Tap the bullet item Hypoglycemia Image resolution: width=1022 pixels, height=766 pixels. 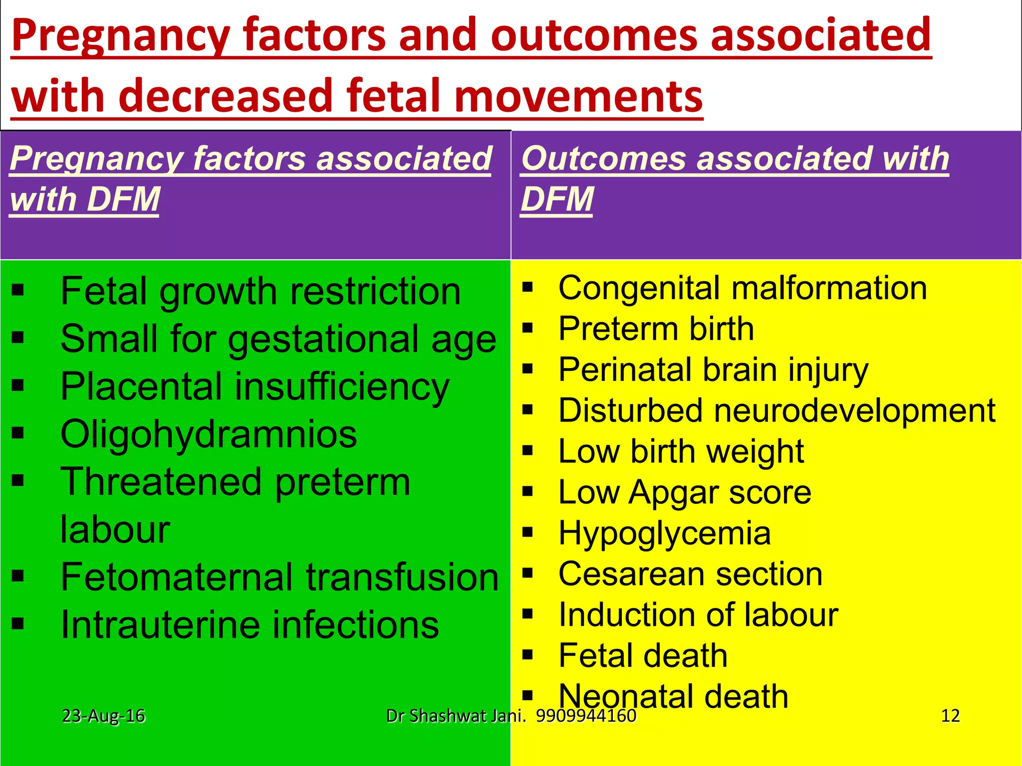[x=664, y=534]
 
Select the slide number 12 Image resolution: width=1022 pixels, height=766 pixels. [x=950, y=716]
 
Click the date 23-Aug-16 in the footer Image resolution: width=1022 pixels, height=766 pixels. [x=103, y=716]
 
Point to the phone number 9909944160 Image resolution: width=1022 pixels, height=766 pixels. [x=586, y=716]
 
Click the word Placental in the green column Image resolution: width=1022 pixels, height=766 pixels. [x=141, y=386]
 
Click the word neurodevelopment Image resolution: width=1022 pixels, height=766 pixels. [x=854, y=411]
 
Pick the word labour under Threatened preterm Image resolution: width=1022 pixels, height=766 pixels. [x=115, y=530]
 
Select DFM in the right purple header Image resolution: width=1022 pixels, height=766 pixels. [x=557, y=199]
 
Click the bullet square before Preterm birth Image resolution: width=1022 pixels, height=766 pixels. [x=528, y=328]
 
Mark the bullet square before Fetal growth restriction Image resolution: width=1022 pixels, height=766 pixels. [x=18, y=290]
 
